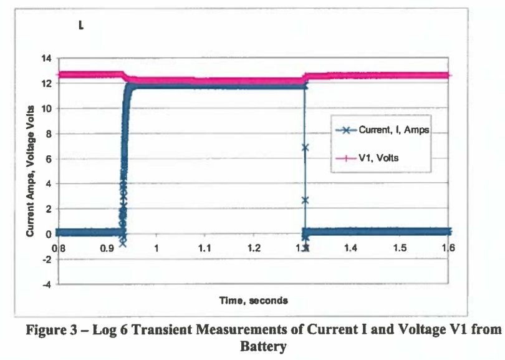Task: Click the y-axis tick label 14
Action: point(46,59)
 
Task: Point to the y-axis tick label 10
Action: point(46,109)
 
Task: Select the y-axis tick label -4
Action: point(46,285)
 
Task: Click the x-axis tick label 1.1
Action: point(206,248)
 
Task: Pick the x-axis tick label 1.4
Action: point(351,248)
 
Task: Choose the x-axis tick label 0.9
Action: point(108,248)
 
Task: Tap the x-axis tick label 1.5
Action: point(400,248)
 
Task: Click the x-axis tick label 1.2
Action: point(254,248)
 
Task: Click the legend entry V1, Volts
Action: point(378,158)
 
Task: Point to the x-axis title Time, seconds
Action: point(253,301)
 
